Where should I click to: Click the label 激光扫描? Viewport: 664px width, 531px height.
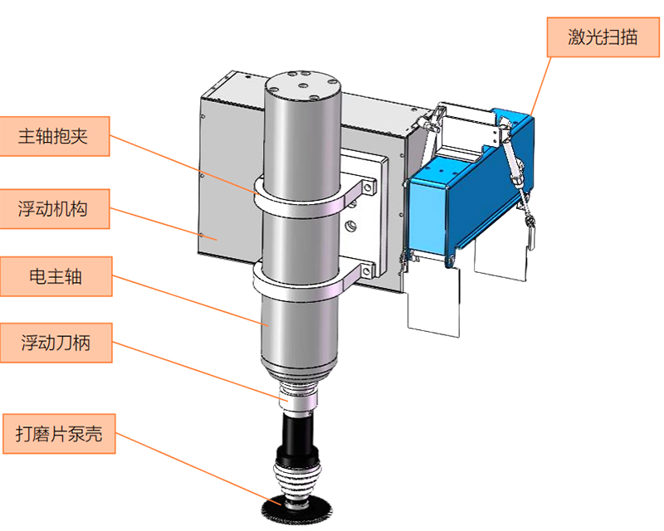(603, 37)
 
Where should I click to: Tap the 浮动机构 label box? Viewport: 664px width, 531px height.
(55, 209)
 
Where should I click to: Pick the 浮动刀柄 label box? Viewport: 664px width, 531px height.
(55, 342)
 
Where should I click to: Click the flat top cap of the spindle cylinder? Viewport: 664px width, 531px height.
(304, 81)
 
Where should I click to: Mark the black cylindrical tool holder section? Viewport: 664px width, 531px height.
(299, 431)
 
